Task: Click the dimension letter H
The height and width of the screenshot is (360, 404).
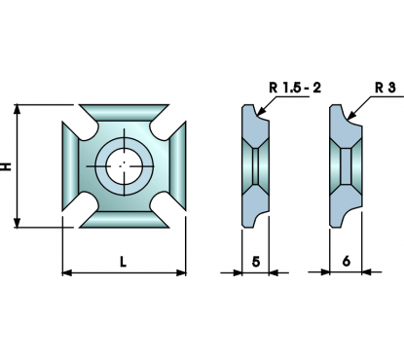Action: pos(7,166)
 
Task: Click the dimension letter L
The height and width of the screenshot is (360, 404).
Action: pos(123,262)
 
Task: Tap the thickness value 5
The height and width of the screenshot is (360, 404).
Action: pos(256,262)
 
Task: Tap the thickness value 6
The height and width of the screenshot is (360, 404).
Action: pos(347,261)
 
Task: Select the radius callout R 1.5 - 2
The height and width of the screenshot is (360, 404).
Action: pos(295,88)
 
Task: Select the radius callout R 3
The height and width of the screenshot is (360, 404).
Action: pos(386,88)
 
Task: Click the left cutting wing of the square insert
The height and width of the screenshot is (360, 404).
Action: pos(70,166)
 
